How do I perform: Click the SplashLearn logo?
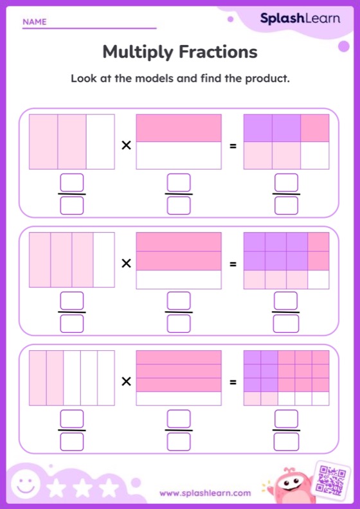pyautogui.click(x=300, y=19)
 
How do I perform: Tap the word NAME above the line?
pyautogui.click(x=35, y=22)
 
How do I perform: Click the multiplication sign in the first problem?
pyautogui.click(x=126, y=146)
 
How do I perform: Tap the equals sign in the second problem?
pyautogui.click(x=233, y=263)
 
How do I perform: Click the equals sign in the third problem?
pyautogui.click(x=233, y=382)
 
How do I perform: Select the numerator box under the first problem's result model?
pyautogui.click(x=286, y=183)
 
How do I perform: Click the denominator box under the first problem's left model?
pyautogui.click(x=72, y=205)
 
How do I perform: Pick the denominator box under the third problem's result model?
pyautogui.click(x=286, y=442)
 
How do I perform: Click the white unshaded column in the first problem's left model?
pyautogui.click(x=100, y=141)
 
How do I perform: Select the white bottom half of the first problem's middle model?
pyautogui.click(x=179, y=156)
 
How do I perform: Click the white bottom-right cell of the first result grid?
pyautogui.click(x=315, y=156)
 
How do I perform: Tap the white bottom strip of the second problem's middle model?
pyautogui.click(x=179, y=280)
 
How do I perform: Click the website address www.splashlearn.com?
pyautogui.click(x=205, y=494)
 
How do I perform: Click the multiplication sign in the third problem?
pyautogui.click(x=126, y=382)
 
